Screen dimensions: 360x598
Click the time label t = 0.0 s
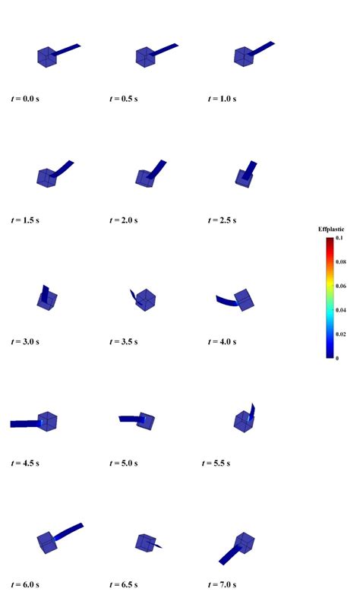click(25, 99)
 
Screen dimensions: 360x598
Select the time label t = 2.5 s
click(223, 220)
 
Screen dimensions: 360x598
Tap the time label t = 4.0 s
click(223, 342)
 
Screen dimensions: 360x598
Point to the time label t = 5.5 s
click(216, 464)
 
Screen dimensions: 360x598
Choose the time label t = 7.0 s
click(223, 584)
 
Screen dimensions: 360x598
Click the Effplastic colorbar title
click(331, 229)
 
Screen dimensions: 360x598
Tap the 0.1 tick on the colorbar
click(339, 238)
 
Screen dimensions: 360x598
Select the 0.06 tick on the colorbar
click(341, 286)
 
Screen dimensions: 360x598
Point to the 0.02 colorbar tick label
click(341, 334)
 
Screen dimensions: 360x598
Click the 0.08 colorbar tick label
click(341, 262)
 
